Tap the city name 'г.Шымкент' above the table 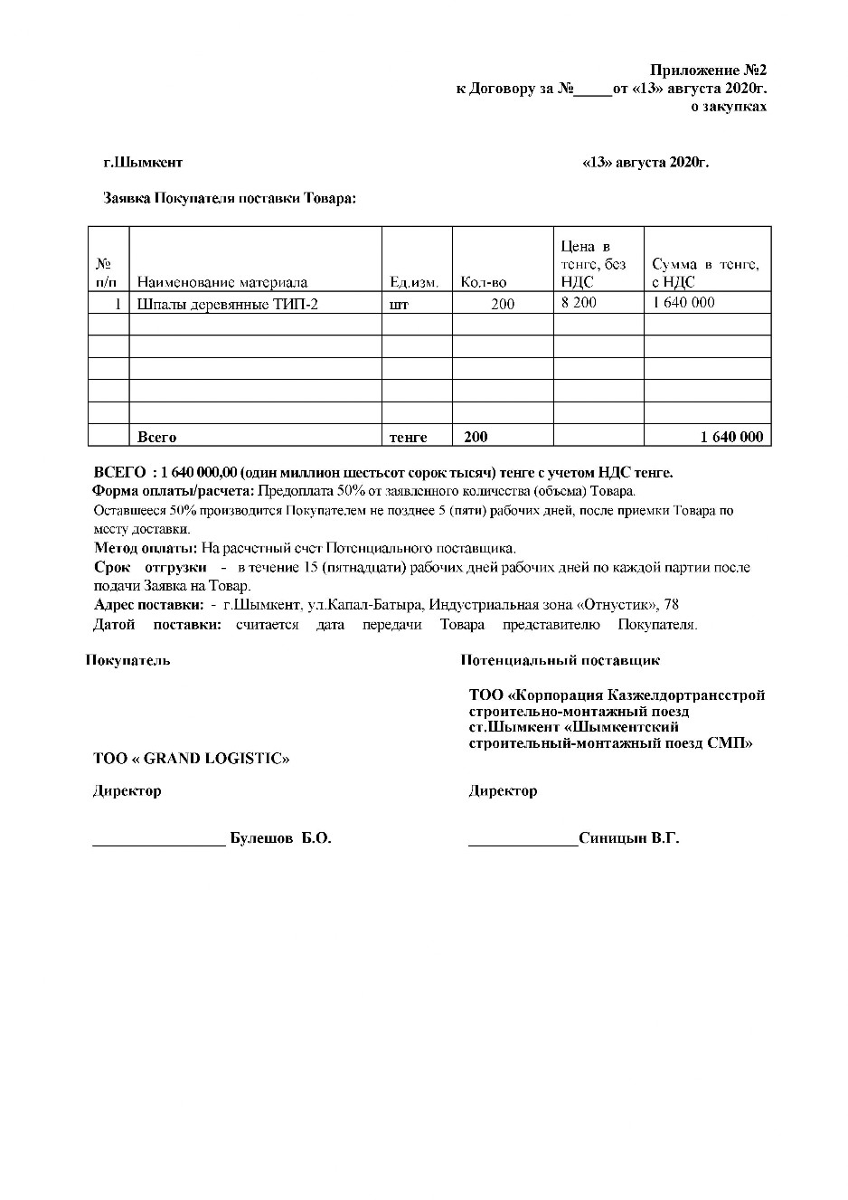coord(143,163)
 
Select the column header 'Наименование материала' coord(222,282)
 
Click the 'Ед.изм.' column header coord(414,282)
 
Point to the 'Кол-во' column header coord(484,282)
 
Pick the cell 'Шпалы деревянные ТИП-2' coord(228,304)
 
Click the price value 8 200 coord(579,303)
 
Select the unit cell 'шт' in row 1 coord(399,305)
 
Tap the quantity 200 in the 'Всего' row coord(476,437)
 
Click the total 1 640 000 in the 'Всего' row coord(731,437)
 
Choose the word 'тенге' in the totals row coord(408,437)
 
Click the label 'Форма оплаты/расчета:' coord(174,491)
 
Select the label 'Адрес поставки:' coord(149,605)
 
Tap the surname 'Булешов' coord(261,838)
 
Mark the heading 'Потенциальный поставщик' coord(560,660)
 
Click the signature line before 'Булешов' coord(159,841)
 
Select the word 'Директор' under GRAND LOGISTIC coord(127,790)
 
